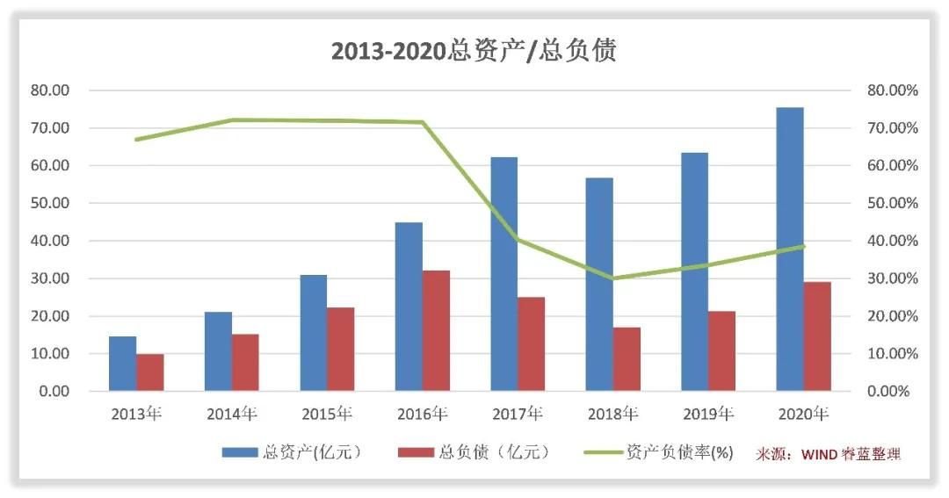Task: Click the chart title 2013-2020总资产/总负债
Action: coord(474,50)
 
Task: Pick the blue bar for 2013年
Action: coord(122,364)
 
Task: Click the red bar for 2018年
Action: coord(627,358)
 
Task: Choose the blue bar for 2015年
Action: coord(313,333)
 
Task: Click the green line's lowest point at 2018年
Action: coord(613,278)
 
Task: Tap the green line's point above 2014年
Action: coord(232,119)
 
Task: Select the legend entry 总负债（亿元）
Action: coord(474,452)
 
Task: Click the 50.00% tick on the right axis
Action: coord(892,204)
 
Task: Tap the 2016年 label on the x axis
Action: coord(422,414)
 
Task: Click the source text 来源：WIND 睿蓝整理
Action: coord(828,453)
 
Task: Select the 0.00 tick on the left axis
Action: coord(54,392)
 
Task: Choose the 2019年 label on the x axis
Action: coord(708,414)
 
